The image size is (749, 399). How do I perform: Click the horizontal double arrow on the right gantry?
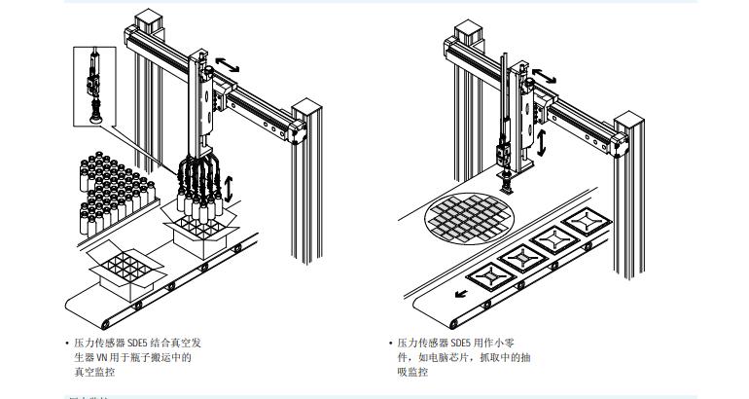(x=549, y=73)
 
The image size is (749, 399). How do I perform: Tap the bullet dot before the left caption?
(x=67, y=344)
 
